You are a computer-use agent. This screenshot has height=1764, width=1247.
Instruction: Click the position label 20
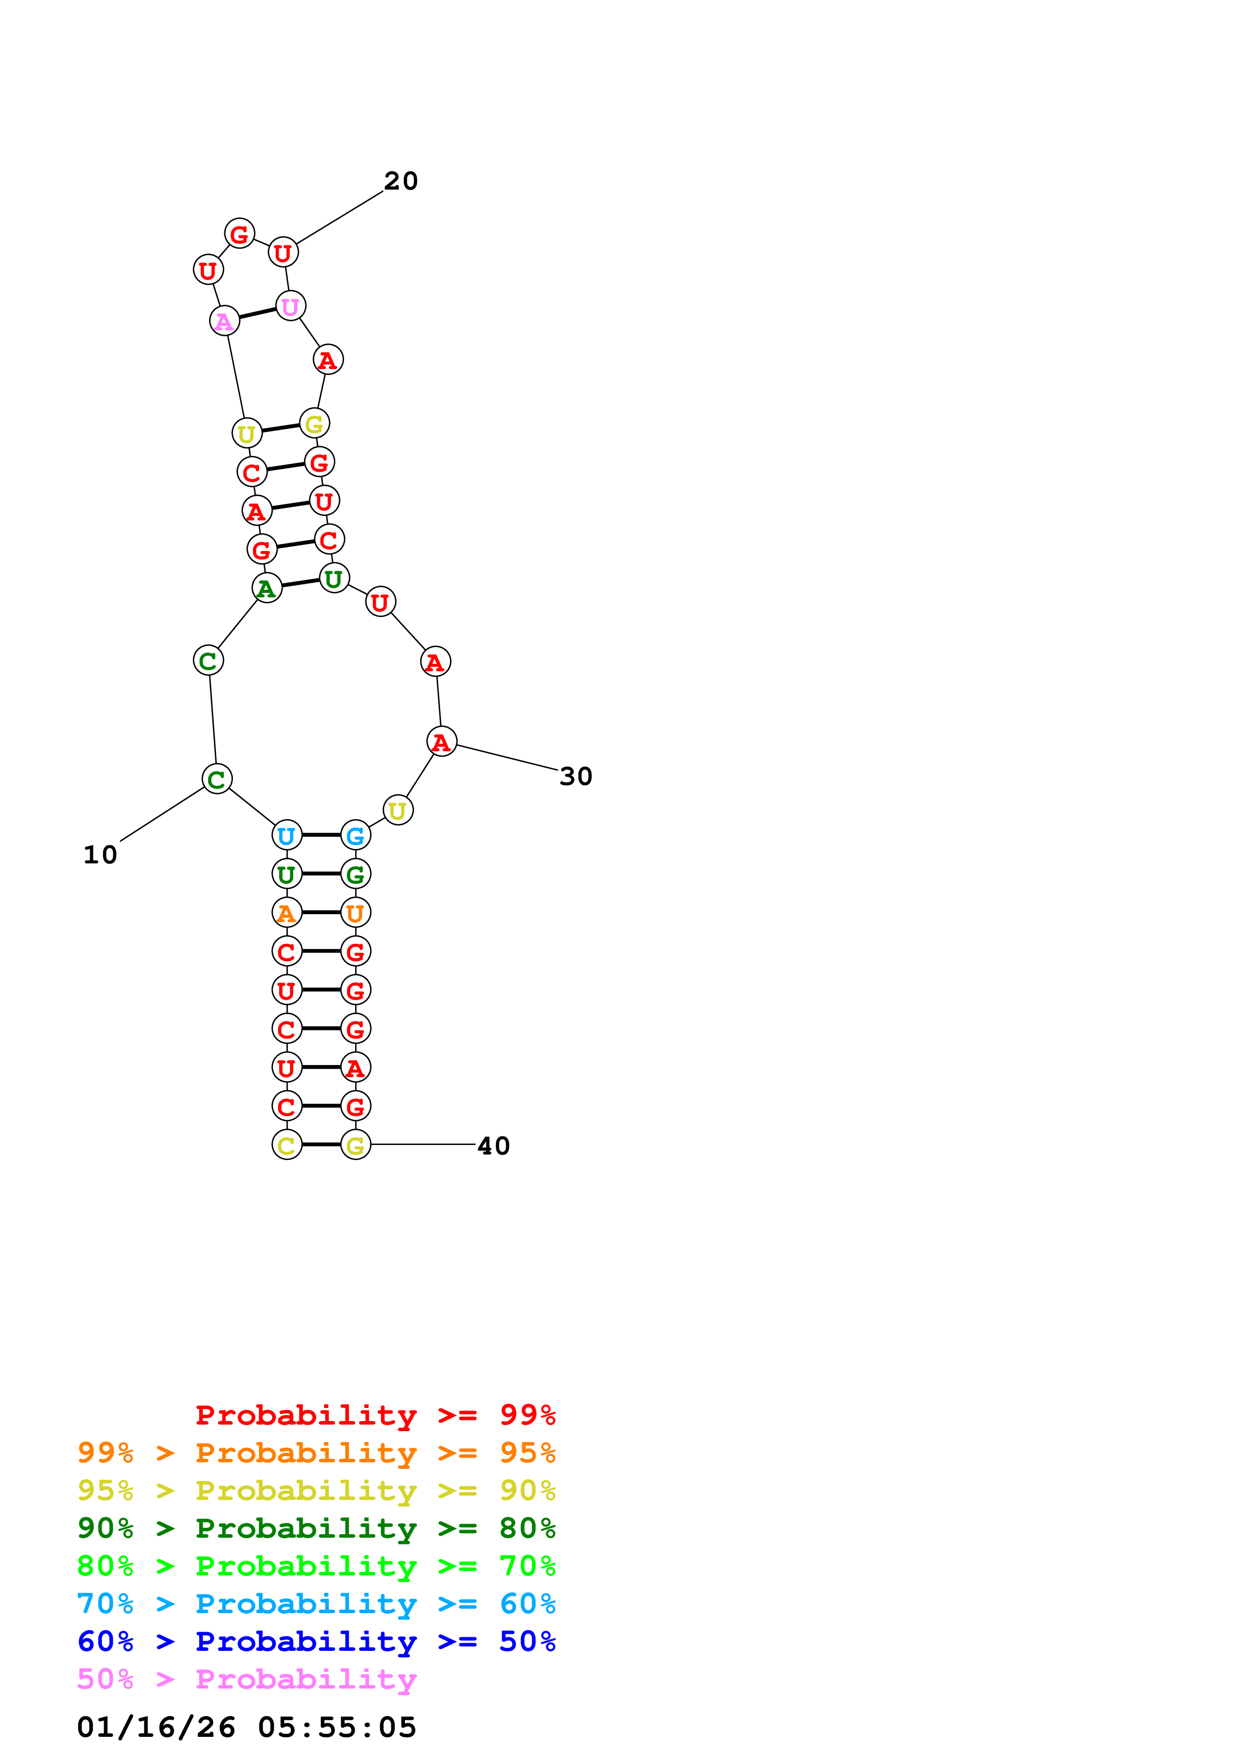[400, 182]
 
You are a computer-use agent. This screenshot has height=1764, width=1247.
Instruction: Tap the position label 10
[100, 854]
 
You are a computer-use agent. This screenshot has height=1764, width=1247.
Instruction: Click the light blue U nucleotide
[287, 835]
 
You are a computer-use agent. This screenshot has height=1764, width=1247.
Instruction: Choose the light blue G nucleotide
[355, 835]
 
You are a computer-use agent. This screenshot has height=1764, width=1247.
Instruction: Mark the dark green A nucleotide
[267, 588]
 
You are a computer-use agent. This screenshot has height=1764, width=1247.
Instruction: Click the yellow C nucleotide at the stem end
[287, 1145]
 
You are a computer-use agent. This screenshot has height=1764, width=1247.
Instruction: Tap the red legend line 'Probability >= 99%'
[375, 1415]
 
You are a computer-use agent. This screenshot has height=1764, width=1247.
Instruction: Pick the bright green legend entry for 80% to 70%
[316, 1566]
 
